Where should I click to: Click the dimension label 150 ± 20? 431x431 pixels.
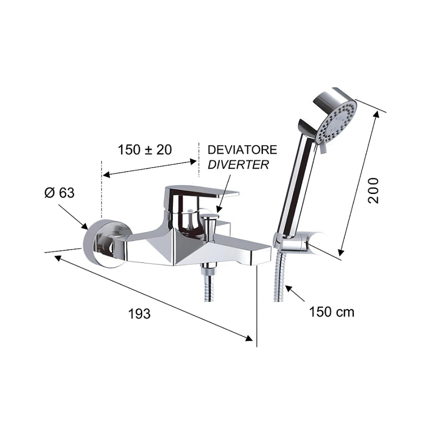click(x=145, y=150)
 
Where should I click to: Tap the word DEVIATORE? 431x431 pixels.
click(x=242, y=150)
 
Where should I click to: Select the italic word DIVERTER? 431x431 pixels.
click(x=238, y=164)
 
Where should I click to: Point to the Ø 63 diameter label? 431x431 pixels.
click(x=59, y=193)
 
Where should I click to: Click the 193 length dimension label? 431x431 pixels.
click(x=139, y=314)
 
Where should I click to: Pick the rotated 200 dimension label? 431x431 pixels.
click(x=373, y=191)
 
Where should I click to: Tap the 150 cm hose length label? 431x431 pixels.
click(x=332, y=312)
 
